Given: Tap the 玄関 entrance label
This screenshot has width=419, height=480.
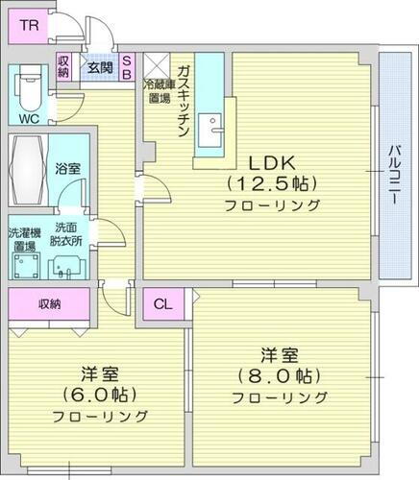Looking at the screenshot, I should tap(99, 67).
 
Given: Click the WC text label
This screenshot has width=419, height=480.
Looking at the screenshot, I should tap(29, 119).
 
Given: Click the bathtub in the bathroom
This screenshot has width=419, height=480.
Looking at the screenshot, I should tap(26, 169).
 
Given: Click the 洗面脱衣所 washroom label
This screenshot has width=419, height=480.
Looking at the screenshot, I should tap(66, 233).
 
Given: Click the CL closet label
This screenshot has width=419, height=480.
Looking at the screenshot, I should tap(163, 305).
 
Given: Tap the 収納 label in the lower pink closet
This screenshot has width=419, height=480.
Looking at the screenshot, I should tap(50, 304).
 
